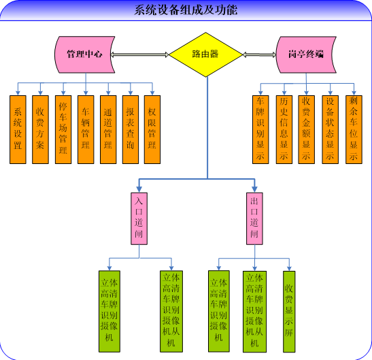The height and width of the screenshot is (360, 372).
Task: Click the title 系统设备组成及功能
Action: (186, 10)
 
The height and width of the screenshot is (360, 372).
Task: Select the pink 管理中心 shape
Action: (85, 54)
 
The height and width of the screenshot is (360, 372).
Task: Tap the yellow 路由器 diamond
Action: (205, 54)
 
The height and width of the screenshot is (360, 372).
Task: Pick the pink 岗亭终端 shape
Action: (306, 54)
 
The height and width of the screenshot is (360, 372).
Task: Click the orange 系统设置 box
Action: (18, 129)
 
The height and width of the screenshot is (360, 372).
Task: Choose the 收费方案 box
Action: (40, 129)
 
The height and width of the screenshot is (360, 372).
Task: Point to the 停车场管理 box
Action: (63, 129)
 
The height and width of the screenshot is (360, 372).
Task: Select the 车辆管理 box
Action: (86, 129)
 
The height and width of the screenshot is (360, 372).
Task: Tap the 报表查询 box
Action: (131, 129)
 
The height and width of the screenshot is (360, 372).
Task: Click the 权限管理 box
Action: (152, 129)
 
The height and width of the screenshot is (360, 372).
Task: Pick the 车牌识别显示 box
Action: (260, 129)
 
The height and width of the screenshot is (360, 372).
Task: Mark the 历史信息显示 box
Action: (284, 129)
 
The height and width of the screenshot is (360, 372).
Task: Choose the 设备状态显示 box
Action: (330, 129)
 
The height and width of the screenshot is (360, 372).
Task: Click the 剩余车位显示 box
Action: (354, 129)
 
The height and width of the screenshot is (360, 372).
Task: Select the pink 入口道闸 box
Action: (139, 218)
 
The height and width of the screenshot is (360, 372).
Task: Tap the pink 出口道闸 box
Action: (254, 218)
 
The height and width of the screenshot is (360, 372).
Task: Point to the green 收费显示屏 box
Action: (289, 312)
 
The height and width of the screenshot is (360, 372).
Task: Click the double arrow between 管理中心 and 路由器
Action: (139, 54)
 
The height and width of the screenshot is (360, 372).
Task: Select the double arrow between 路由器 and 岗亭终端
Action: (260, 54)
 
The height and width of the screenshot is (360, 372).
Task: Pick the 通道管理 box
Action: (108, 129)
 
